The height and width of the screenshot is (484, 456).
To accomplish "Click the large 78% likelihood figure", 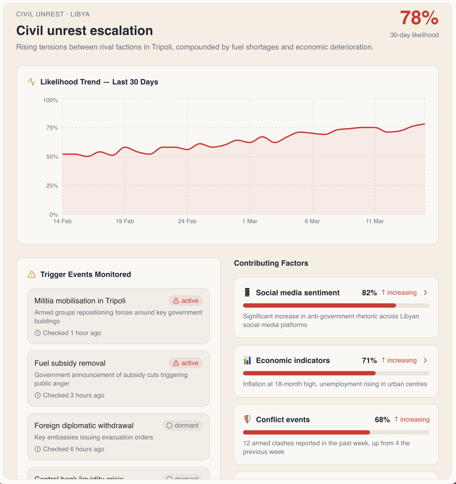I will click(419, 18).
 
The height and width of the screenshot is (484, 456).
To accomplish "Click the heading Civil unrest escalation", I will click(84, 31).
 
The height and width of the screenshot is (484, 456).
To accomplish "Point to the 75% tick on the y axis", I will click(52, 128).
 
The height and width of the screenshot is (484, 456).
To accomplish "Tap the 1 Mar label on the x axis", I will click(250, 221).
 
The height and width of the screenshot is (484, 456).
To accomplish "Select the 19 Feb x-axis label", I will click(125, 221).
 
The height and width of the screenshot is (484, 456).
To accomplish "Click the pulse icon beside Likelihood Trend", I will click(32, 82).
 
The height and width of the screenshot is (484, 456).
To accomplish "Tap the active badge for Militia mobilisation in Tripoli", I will click(186, 301).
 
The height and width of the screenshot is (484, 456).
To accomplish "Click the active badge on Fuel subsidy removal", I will click(186, 363).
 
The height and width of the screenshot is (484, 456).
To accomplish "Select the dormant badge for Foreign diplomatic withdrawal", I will click(182, 425).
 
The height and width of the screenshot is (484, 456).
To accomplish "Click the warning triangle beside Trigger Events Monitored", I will click(32, 274).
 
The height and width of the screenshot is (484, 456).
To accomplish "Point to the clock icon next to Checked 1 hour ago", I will click(38, 333).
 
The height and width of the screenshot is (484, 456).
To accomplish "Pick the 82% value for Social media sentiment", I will click(369, 293).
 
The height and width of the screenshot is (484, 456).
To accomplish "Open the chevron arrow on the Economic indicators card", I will click(425, 360).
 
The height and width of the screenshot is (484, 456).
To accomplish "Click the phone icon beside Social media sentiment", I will click(247, 292).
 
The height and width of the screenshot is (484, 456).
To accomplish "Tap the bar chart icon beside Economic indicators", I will click(247, 360).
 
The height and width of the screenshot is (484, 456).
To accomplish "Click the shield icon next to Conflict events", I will click(247, 419).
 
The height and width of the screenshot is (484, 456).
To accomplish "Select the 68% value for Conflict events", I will click(382, 419).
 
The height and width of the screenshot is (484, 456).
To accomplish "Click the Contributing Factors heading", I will click(271, 263).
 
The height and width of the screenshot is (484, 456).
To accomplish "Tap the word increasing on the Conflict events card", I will click(415, 419).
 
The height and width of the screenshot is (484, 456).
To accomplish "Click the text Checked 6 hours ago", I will click(73, 449).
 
